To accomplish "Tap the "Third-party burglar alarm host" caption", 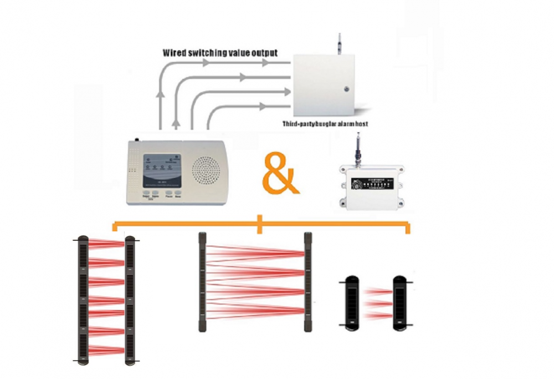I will coord(325,124).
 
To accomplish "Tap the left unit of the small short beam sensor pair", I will coord(350,302).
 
